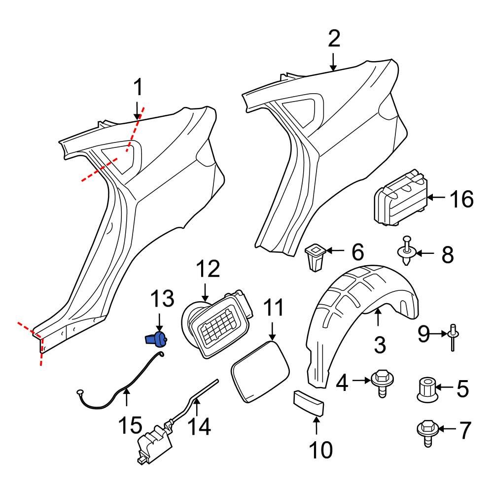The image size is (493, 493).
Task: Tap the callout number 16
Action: click(x=461, y=200)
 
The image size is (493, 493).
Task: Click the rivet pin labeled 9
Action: click(x=452, y=337)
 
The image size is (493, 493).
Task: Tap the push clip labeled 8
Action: click(x=407, y=251)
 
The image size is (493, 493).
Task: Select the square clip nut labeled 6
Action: click(x=314, y=256)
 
